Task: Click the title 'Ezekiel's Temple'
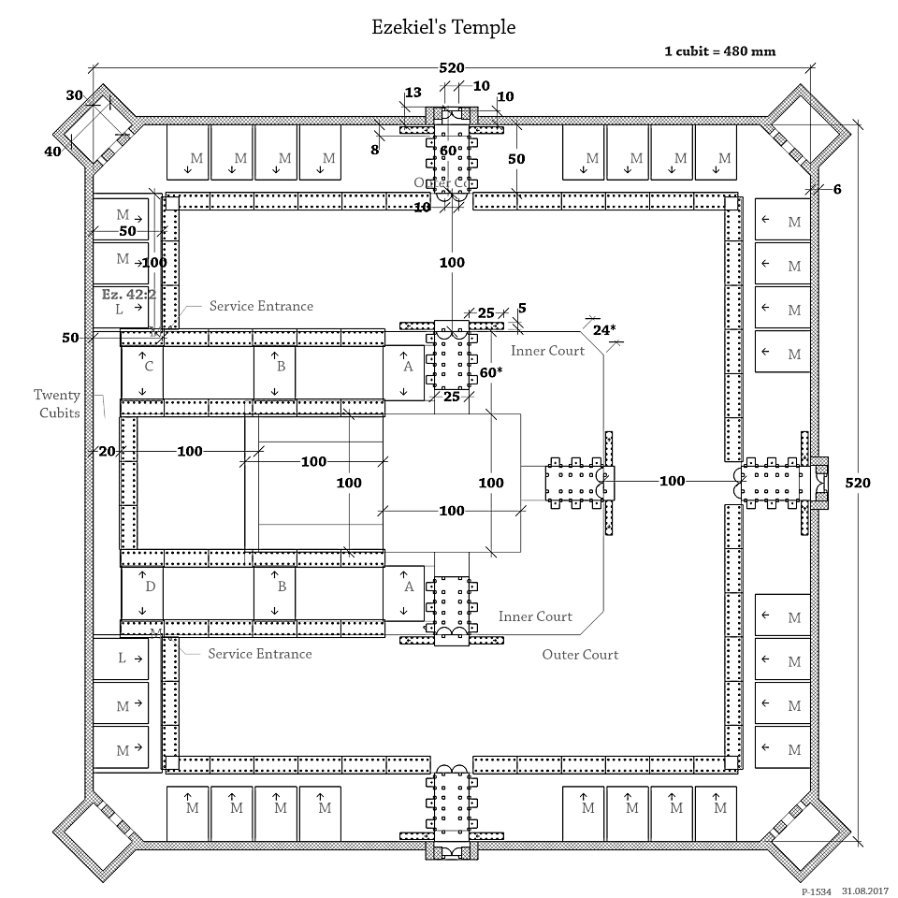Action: click(x=443, y=28)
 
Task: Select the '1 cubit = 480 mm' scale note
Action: click(x=719, y=51)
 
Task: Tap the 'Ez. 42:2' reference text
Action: click(x=129, y=293)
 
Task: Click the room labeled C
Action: click(x=148, y=367)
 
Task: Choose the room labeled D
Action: click(x=149, y=587)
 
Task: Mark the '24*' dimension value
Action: click(x=604, y=329)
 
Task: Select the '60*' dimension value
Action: click(x=491, y=372)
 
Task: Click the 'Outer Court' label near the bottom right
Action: click(x=580, y=655)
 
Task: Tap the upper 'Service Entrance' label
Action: click(x=261, y=306)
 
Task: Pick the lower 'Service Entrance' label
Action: click(x=260, y=653)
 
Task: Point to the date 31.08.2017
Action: click(x=865, y=892)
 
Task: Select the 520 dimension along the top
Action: click(x=453, y=68)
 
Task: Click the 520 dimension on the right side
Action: click(x=858, y=483)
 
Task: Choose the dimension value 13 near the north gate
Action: click(x=413, y=93)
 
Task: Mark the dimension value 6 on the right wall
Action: click(x=837, y=189)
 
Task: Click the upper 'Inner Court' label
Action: click(x=547, y=351)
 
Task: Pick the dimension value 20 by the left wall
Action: click(x=107, y=452)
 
